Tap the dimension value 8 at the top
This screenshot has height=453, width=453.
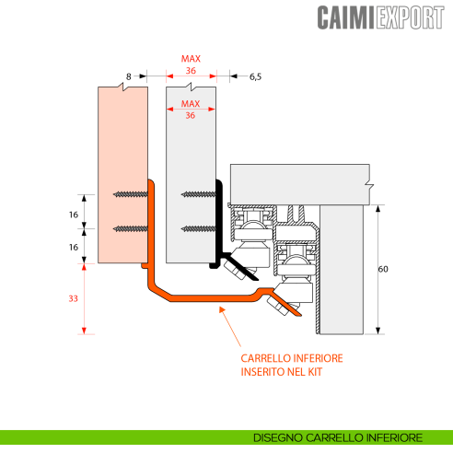click(x=129, y=78)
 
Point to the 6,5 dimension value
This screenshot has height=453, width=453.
click(x=254, y=78)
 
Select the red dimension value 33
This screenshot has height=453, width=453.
click(x=74, y=298)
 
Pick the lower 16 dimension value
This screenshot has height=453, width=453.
click(x=74, y=246)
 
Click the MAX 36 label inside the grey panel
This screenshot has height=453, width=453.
click(x=191, y=110)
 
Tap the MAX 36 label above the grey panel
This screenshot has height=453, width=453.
click(x=191, y=64)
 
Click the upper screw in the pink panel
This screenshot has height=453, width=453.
click(x=131, y=194)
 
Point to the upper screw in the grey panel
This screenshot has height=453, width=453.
click(x=199, y=194)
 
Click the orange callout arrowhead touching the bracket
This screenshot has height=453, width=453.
click(x=219, y=311)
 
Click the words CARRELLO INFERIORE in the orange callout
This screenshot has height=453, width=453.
click(x=292, y=359)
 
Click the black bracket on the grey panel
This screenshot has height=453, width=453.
click(x=220, y=226)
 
